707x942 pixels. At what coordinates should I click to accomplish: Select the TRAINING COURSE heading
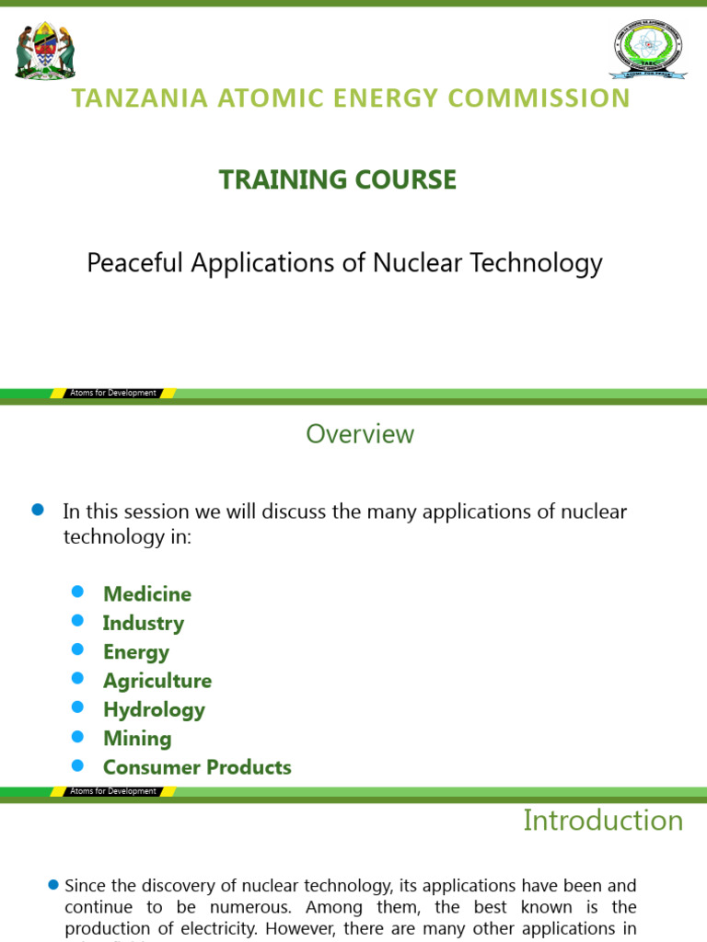click(338, 179)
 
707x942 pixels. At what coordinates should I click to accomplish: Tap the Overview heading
click(360, 434)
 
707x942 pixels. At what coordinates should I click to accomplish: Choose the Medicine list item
click(147, 594)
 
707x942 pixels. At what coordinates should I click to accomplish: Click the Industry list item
click(144, 623)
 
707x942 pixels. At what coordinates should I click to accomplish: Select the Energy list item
click(136, 652)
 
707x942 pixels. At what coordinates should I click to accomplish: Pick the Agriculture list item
click(157, 681)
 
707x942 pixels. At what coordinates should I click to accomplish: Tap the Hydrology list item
click(154, 709)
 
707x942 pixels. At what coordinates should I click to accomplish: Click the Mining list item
click(137, 739)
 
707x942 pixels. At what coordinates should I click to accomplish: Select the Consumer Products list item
click(197, 767)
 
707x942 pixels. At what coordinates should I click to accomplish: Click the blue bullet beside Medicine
click(77, 592)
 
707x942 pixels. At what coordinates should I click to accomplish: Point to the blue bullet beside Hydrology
click(77, 707)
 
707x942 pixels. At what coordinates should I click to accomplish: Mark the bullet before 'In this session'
click(38, 511)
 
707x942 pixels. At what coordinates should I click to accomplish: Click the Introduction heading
click(603, 821)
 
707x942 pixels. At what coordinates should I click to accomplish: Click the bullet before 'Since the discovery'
click(53, 885)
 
